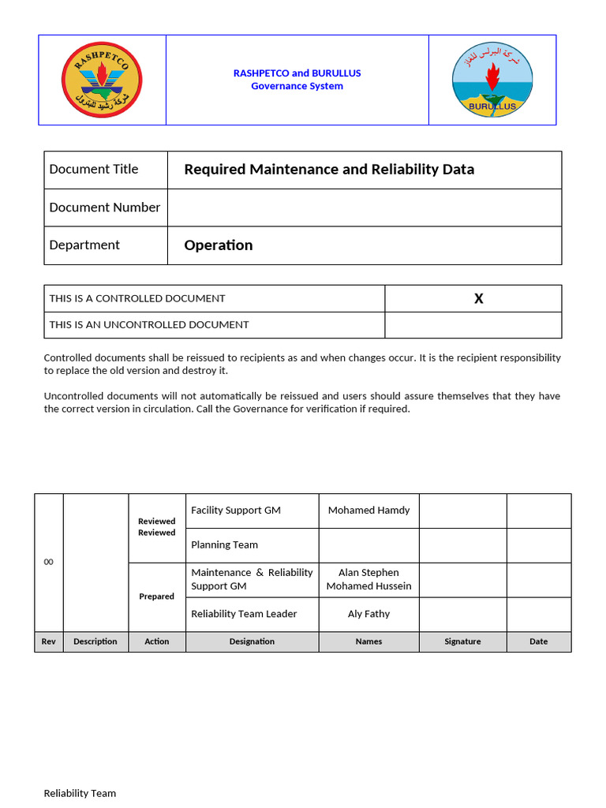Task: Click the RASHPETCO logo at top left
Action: point(101,80)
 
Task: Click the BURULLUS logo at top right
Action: point(492,80)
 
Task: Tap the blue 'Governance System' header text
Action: point(297,86)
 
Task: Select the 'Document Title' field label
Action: point(93,169)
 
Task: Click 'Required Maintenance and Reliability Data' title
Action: point(329,169)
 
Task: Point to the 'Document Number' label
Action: point(104,208)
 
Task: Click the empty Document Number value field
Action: point(364,208)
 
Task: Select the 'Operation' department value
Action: point(218,245)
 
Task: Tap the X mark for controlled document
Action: point(478,298)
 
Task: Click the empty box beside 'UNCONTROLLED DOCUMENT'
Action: point(473,324)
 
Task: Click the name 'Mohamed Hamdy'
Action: point(368,511)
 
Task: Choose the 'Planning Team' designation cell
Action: point(224,544)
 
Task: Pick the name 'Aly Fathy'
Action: point(368,614)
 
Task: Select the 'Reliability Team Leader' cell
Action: point(244,614)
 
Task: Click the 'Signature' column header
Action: point(462,642)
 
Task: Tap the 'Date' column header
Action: point(538,642)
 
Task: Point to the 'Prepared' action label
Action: point(156,597)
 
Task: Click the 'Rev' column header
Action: point(48,642)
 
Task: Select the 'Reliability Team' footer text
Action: point(80,793)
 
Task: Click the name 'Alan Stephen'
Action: point(368,572)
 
